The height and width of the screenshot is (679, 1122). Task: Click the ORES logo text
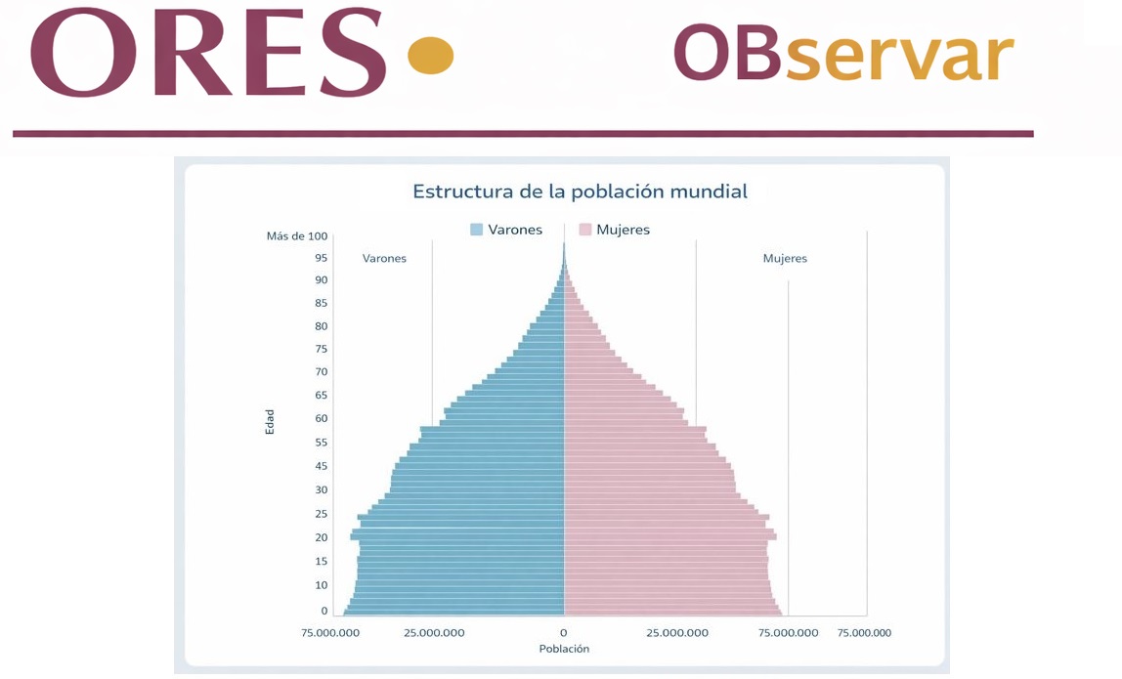coord(208,52)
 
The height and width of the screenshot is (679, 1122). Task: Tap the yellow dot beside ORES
coord(431,55)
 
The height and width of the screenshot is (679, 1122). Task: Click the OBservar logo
coord(843,53)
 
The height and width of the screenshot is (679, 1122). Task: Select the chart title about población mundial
coord(580,191)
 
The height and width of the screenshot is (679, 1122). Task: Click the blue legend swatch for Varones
coord(477,230)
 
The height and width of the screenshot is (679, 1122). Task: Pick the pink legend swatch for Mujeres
coord(585,230)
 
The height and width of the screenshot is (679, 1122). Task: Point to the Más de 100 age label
coord(297,236)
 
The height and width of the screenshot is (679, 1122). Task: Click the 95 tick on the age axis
coord(321,258)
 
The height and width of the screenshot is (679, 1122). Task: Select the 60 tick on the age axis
coord(321,418)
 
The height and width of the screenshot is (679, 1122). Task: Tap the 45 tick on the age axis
coord(321,466)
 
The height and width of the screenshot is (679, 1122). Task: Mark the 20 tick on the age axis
coord(321,537)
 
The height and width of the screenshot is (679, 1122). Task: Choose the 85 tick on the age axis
coord(321,303)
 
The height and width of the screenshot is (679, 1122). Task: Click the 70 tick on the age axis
coord(321,371)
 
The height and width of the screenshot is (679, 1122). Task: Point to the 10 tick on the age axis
coord(321,584)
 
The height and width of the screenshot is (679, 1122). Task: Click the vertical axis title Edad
coord(270,422)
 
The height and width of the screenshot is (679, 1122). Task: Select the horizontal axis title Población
coord(564,649)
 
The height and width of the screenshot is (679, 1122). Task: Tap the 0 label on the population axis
coord(564,632)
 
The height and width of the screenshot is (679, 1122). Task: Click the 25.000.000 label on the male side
coord(434,632)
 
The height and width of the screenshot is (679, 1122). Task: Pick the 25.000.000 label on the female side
coord(677,632)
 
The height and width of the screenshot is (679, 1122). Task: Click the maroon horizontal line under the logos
coord(523,134)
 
